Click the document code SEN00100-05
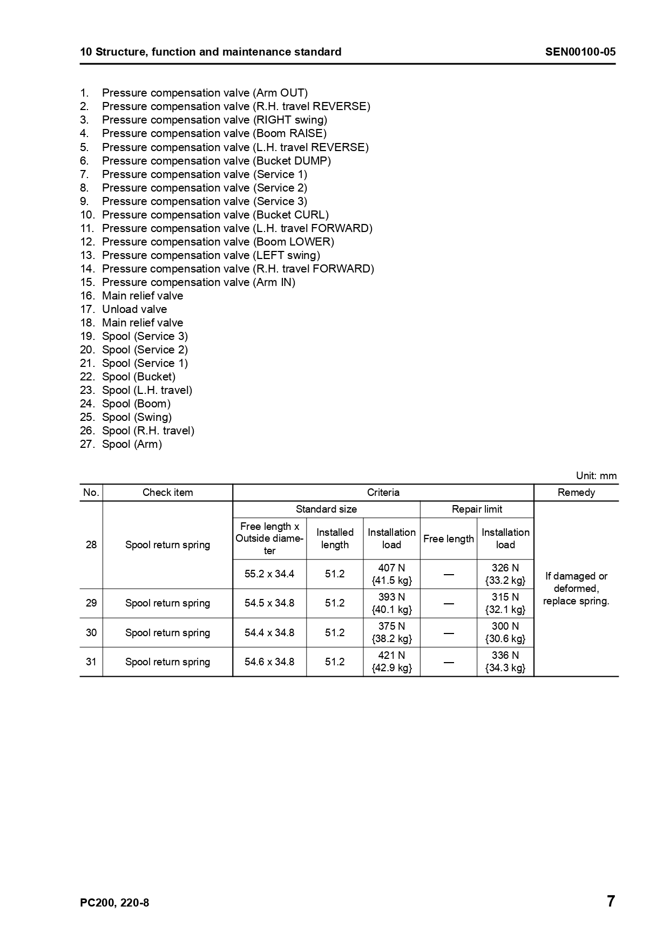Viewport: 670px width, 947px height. pos(580,52)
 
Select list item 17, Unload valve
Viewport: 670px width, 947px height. pos(134,309)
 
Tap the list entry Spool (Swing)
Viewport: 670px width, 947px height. pos(137,417)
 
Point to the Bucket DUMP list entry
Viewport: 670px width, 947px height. pos(216,161)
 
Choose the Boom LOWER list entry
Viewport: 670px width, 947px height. pos(218,242)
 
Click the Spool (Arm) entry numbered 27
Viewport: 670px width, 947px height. pos(132,444)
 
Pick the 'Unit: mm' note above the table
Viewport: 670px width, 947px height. pos(596,475)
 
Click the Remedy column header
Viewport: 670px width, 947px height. pos(576,492)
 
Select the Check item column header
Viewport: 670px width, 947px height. pos(167,492)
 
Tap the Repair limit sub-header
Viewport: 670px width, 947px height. pos(477,509)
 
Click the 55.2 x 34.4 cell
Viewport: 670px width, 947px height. pos(269,574)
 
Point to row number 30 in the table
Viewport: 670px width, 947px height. pos(91,632)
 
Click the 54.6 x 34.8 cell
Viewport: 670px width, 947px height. pos(269,662)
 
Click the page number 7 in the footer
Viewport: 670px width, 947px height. pos(611,901)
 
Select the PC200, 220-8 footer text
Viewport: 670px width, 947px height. pos(114,903)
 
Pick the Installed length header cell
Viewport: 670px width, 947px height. pos(335,539)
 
